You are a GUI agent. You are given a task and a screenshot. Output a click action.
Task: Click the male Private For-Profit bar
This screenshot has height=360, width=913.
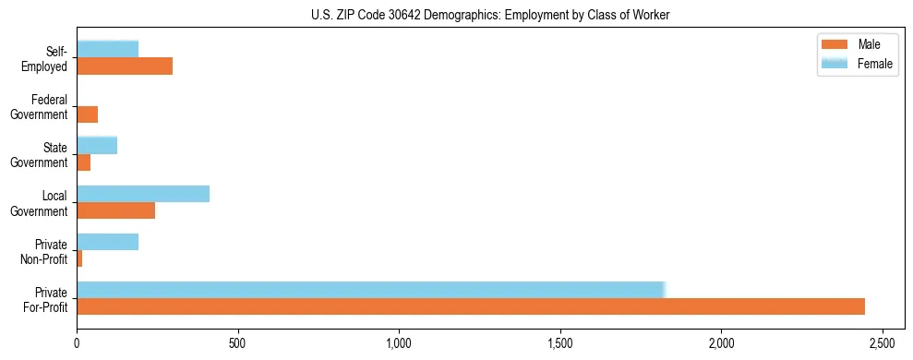tap(471, 306)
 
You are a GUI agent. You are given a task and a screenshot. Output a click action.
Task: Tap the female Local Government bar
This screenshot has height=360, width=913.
tap(143, 194)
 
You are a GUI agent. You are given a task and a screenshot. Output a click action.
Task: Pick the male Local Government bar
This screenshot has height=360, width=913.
tap(116, 210)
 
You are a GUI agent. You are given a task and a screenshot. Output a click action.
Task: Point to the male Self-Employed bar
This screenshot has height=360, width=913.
tap(125, 66)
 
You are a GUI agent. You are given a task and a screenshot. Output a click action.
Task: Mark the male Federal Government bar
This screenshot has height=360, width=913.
tap(88, 114)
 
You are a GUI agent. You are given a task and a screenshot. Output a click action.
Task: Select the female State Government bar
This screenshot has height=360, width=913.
tap(97, 145)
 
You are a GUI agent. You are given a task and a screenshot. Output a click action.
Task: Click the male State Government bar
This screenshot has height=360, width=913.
tap(84, 162)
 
